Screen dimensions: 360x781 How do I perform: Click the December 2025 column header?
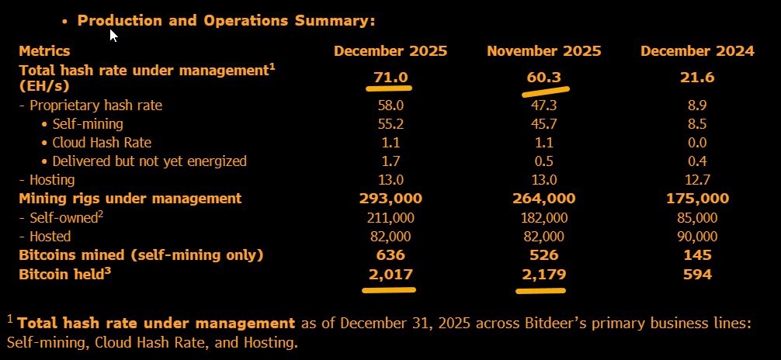[390, 51]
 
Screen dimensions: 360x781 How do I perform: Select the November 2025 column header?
[543, 51]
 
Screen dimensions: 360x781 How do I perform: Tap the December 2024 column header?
[697, 51]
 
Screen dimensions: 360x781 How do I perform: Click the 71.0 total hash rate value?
[390, 78]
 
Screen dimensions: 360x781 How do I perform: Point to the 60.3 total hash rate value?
[543, 78]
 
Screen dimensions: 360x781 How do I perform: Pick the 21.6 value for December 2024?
[697, 78]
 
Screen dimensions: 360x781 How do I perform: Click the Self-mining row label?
[88, 123]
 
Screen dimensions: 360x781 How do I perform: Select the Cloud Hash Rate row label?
[102, 142]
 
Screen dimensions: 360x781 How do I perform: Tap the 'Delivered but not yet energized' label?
[149, 161]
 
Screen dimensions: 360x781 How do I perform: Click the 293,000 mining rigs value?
[390, 199]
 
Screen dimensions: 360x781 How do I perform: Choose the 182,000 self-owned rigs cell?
[543, 217]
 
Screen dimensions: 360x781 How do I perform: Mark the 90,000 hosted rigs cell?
[697, 236]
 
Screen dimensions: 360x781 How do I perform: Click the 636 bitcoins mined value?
[390, 255]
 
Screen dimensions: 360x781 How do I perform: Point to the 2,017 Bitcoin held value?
[390, 274]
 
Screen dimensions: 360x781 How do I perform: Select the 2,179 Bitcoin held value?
[543, 274]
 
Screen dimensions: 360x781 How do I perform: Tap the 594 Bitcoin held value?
[697, 274]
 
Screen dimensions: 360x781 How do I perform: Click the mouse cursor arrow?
[113, 35]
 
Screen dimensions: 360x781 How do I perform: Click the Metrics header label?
[44, 51]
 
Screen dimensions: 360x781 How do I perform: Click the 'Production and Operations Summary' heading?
[226, 20]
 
